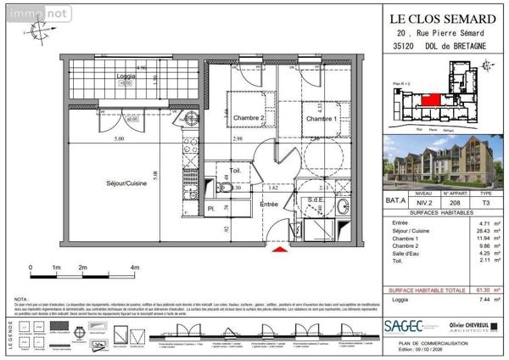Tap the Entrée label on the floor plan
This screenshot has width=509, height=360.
point(269,204)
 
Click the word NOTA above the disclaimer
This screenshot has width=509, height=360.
point(22,299)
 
